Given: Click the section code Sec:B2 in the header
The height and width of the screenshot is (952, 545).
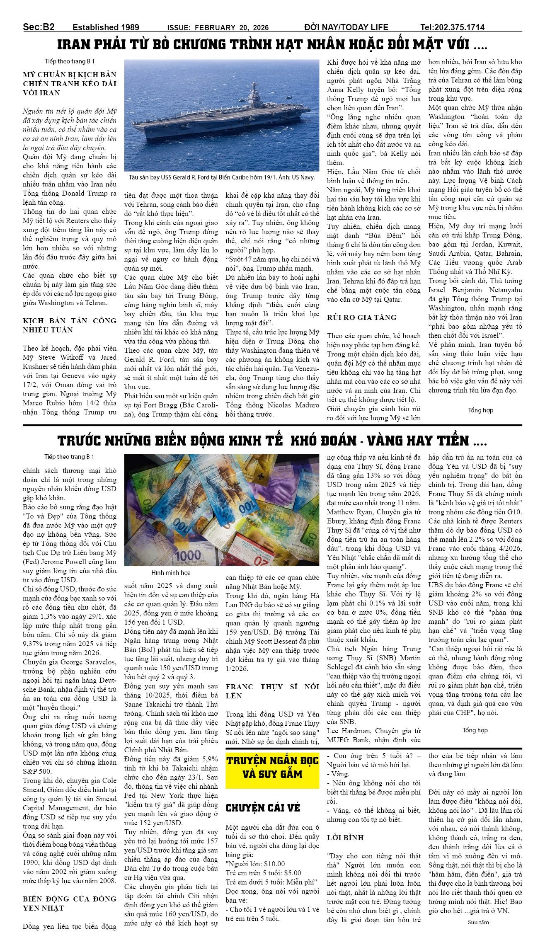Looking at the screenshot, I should pyautogui.click(x=39, y=27).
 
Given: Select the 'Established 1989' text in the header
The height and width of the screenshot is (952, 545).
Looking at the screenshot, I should pyautogui.click(x=106, y=27).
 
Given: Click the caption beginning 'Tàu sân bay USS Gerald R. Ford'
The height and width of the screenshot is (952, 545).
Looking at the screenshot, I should pyautogui.click(x=221, y=177).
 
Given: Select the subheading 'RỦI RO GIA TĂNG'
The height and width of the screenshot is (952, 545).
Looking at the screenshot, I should pyautogui.click(x=362, y=317).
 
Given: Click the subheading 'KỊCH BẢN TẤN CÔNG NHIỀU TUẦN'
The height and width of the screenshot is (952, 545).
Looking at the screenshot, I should pyautogui.click(x=70, y=325).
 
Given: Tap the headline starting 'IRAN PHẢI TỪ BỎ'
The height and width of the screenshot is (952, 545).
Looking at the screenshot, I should pyautogui.click(x=272, y=45).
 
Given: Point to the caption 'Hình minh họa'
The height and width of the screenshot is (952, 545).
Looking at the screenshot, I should pyautogui.click(x=170, y=572).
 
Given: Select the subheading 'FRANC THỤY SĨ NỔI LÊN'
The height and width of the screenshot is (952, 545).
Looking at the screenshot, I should pyautogui.click(x=272, y=691).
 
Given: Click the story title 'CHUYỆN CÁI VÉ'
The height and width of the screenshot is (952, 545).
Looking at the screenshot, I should pyautogui.click(x=262, y=807).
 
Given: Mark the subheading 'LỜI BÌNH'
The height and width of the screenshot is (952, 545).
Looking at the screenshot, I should pyautogui.click(x=345, y=837).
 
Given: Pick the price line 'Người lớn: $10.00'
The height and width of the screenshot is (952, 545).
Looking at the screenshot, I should pyautogui.click(x=255, y=864).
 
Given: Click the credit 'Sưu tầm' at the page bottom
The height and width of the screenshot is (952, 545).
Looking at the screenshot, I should pyautogui.click(x=478, y=922).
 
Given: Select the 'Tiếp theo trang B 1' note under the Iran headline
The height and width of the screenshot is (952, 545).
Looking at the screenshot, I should pyautogui.click(x=70, y=61).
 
